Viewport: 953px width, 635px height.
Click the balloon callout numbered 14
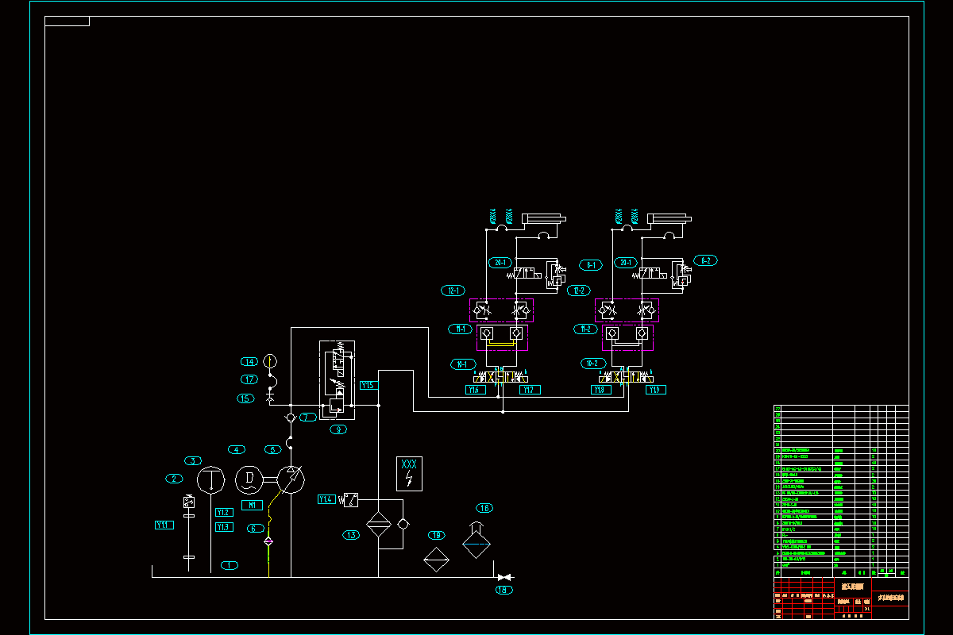[x=249, y=362]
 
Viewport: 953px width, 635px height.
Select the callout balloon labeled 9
[x=339, y=429]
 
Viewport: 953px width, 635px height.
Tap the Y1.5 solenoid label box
[x=368, y=385]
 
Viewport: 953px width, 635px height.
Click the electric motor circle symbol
[x=249, y=479]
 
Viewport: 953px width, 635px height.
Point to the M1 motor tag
[x=253, y=505]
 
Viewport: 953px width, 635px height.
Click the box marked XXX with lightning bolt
[x=409, y=473]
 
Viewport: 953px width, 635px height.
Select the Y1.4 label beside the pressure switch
[x=326, y=499]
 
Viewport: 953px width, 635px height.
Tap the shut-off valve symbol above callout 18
[x=504, y=577]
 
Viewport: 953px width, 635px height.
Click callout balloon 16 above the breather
[x=484, y=508]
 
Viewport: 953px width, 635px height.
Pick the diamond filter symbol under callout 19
[x=435, y=559]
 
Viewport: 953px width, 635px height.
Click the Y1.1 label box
[x=164, y=525]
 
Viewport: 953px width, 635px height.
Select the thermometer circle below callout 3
[x=212, y=480]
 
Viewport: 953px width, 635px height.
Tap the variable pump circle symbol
[x=291, y=479]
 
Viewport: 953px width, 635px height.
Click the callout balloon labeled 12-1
[x=454, y=291]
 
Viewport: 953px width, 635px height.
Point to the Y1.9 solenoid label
[x=655, y=390]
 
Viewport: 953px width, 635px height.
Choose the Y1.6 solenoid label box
[x=476, y=390]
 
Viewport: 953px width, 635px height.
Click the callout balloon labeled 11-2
[x=585, y=329]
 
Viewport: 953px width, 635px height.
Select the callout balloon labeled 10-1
[x=461, y=364]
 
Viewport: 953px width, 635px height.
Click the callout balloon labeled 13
[x=352, y=535]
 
